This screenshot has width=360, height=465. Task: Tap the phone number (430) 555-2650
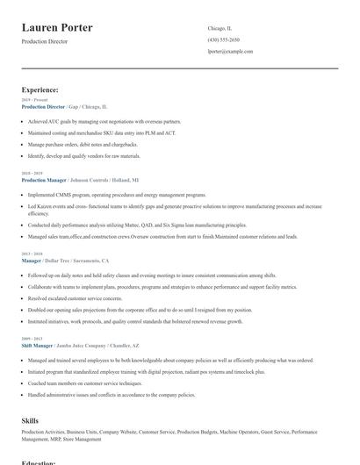[x=223, y=40]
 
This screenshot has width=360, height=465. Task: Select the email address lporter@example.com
[x=230, y=52]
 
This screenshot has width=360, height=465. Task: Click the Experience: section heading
[x=40, y=89]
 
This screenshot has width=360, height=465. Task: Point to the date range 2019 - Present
[x=36, y=101]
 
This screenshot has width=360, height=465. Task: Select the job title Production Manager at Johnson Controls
[x=43, y=179]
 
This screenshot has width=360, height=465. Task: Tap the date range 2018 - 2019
[x=32, y=174]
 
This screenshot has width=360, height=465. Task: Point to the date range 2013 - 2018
[x=32, y=255]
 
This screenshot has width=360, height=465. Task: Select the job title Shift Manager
[x=38, y=345]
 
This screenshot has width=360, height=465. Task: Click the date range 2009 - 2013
[x=32, y=339]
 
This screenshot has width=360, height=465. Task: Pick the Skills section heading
[x=30, y=421]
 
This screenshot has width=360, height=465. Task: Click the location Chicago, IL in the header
[x=220, y=28]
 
